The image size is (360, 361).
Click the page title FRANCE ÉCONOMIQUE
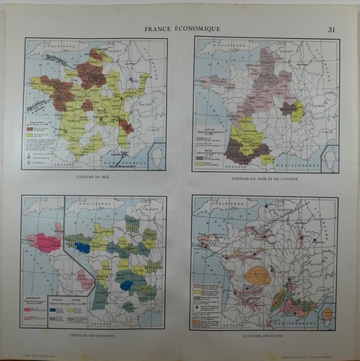point(182,29)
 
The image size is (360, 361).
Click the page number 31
point(331,29)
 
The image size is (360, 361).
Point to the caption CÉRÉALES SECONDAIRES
point(94,336)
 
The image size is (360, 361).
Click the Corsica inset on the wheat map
point(157,155)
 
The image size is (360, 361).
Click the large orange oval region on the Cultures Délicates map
point(257,275)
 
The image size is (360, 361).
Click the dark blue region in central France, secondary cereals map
point(128,284)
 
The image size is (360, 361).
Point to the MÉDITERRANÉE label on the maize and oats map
point(289,163)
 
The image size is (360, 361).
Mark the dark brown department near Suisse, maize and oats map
point(289,108)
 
